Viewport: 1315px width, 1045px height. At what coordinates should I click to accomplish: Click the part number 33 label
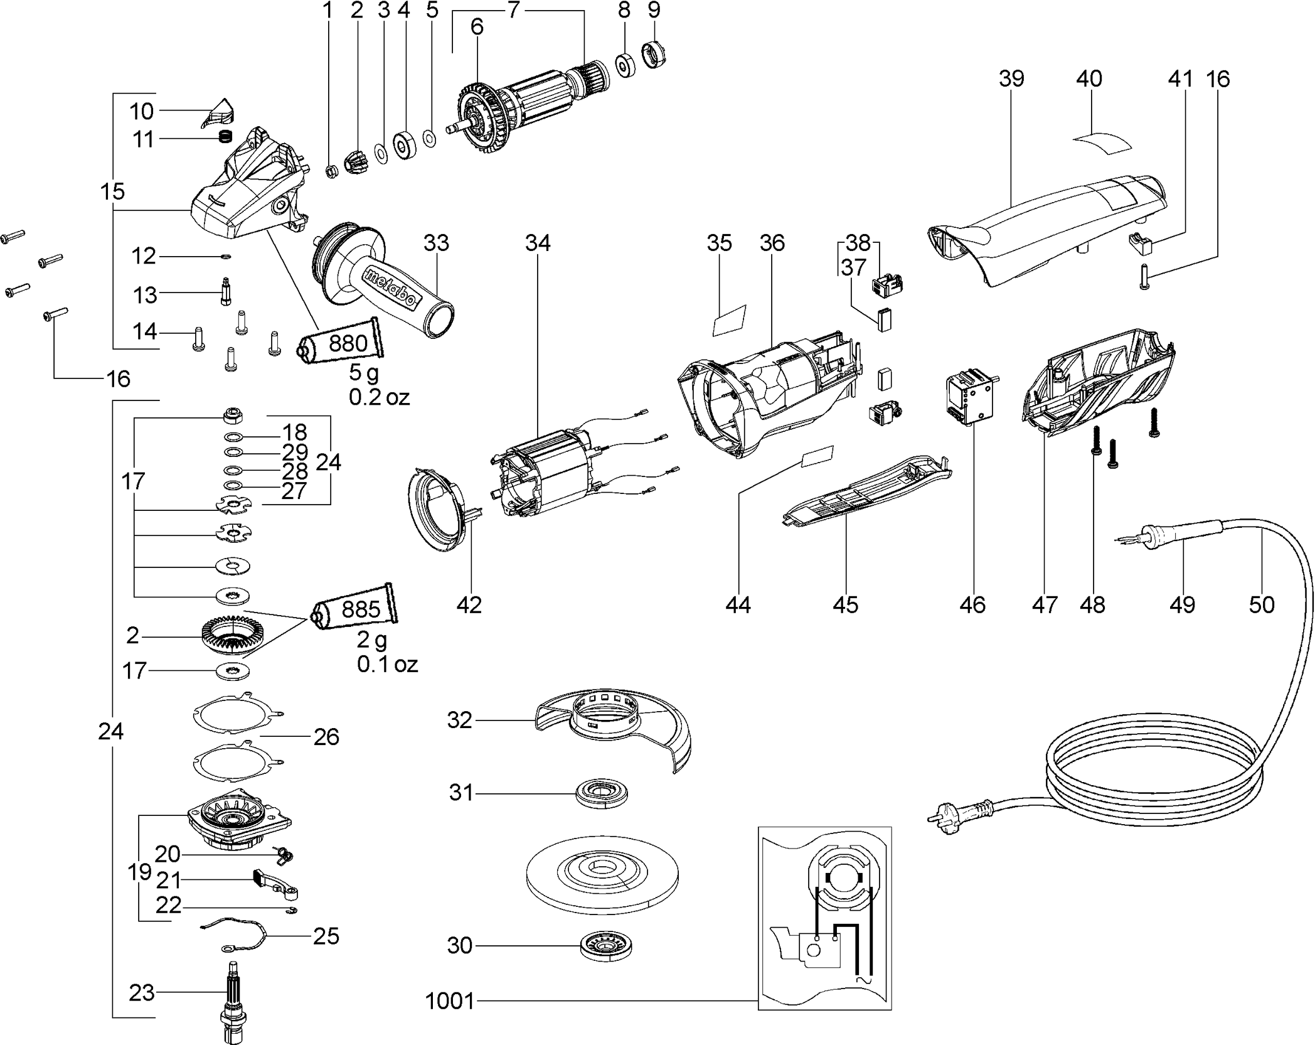point(436,243)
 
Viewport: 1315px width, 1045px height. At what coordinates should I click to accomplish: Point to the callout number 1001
point(449,1000)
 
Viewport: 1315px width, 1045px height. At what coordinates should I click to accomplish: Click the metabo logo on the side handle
point(390,288)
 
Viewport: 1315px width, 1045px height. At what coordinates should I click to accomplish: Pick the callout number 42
point(469,604)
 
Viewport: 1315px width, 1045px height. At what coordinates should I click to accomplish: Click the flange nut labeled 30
point(606,945)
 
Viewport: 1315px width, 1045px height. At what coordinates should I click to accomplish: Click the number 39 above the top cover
point(1011,79)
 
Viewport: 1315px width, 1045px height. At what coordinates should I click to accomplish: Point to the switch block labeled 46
point(969,399)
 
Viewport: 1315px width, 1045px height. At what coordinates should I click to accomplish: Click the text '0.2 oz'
point(379,397)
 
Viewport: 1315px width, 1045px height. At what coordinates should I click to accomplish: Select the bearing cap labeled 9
point(654,55)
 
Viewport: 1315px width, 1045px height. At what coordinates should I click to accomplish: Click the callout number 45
point(845,604)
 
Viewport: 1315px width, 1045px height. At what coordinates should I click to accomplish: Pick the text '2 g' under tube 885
point(372,641)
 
